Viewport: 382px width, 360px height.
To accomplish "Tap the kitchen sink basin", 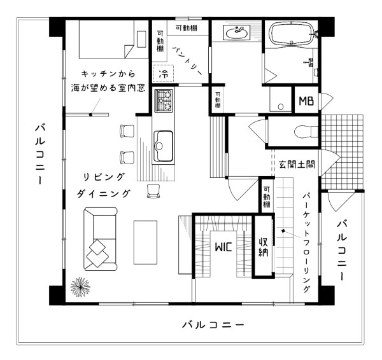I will [x=163, y=146].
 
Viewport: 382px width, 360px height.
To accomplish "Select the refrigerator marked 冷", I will [x=163, y=74].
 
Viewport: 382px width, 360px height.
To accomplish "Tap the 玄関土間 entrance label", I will [x=297, y=164].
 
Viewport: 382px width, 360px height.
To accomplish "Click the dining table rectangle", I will [x=146, y=237].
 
